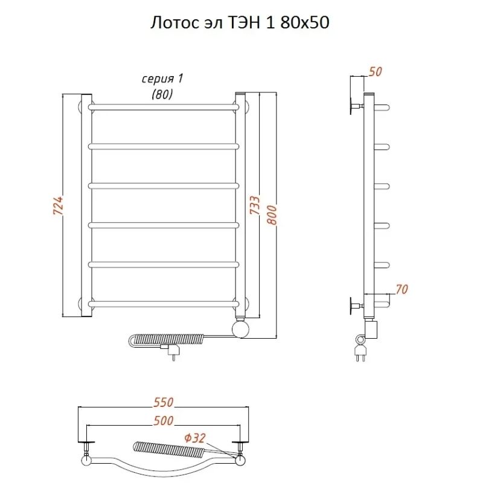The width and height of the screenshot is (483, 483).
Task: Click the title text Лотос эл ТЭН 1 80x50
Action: tap(240, 22)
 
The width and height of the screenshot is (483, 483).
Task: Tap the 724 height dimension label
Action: tap(58, 205)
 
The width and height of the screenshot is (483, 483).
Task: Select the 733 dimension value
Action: tap(255, 205)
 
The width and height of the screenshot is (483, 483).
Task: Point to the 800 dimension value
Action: tap(272, 215)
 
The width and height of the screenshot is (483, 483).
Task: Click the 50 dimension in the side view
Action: tap(375, 72)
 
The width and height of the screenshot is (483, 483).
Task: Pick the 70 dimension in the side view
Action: tap(401, 290)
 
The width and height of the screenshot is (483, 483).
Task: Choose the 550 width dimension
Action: tap(163, 402)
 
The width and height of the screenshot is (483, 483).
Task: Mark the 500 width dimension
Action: tap(164, 421)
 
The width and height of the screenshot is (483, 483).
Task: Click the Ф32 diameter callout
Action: tap(194, 438)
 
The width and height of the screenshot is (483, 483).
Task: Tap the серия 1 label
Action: tap(162, 79)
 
